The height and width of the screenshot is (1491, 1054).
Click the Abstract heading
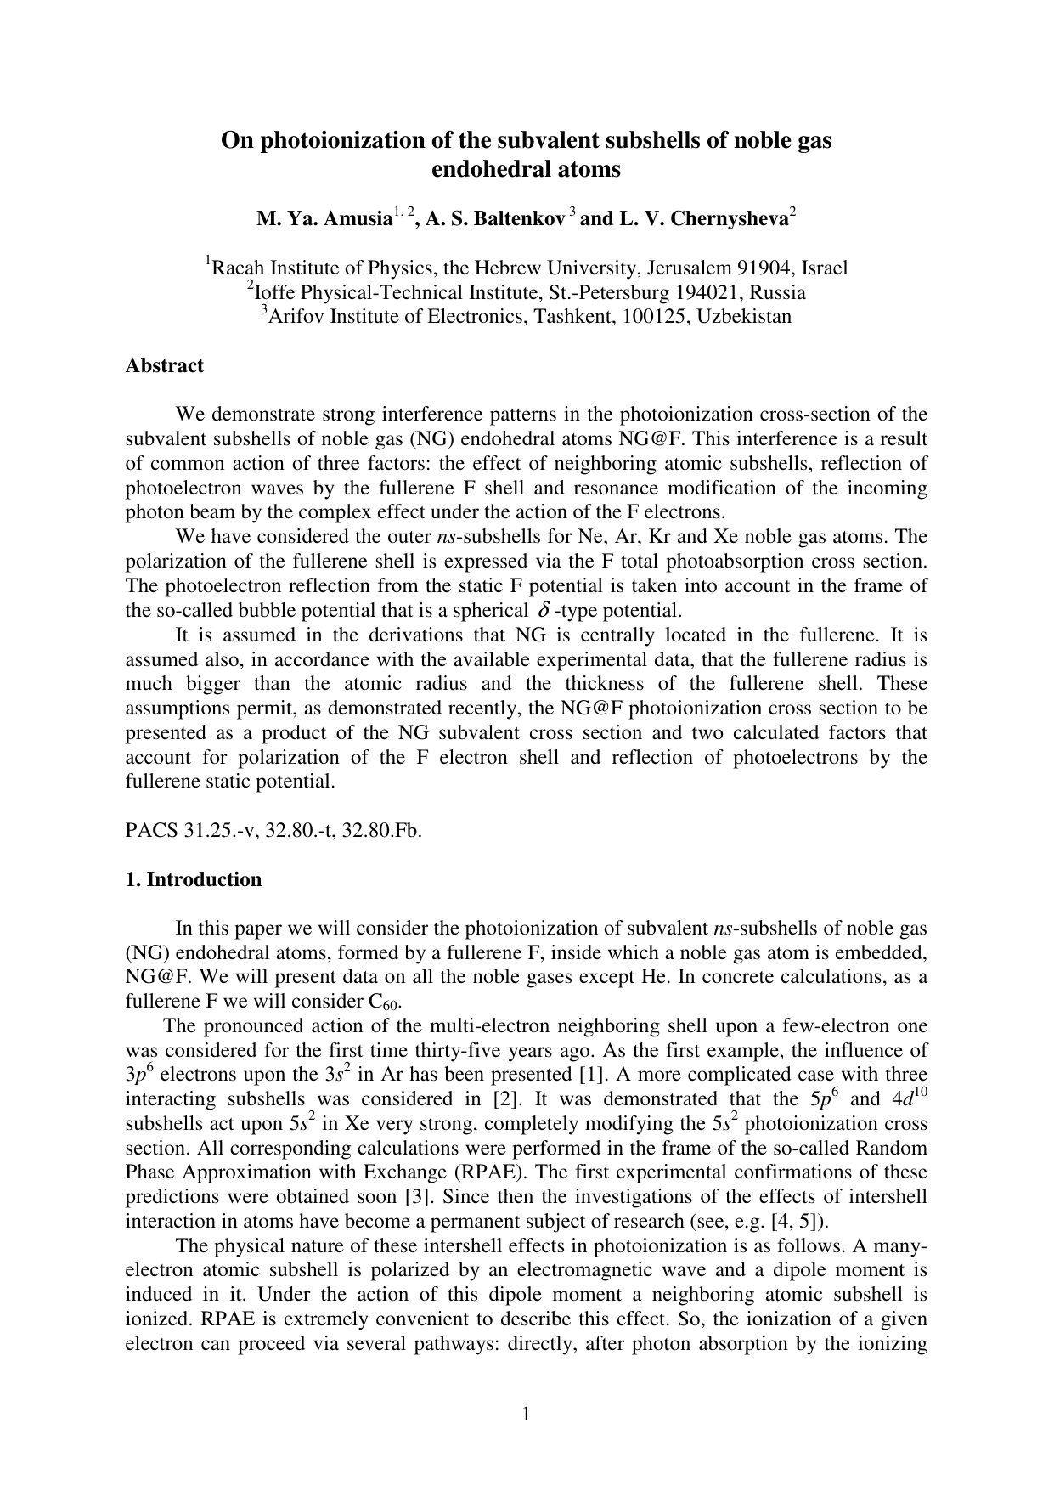(x=164, y=365)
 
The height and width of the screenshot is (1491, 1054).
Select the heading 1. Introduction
(x=193, y=879)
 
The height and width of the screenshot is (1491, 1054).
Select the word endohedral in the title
(x=483, y=169)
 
